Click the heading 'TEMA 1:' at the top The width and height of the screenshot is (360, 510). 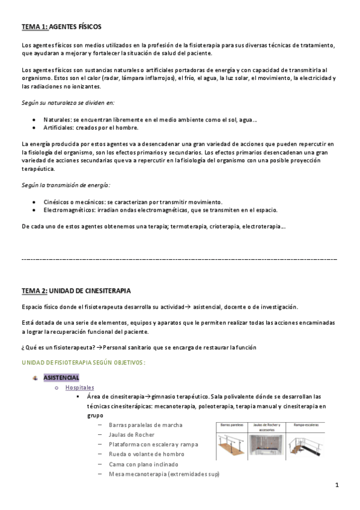34,27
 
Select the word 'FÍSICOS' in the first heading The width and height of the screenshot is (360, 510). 88,27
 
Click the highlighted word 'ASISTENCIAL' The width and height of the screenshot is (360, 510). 62,378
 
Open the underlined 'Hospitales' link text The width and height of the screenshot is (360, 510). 81,387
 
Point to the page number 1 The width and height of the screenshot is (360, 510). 337,485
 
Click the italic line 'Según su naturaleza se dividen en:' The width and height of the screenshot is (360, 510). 68,103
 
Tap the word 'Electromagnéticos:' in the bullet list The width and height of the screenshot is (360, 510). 71,210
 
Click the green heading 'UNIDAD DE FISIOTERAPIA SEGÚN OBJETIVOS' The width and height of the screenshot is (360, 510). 84,363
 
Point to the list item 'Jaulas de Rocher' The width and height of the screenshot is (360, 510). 132,434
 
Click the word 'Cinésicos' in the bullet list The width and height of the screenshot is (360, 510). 57,201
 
